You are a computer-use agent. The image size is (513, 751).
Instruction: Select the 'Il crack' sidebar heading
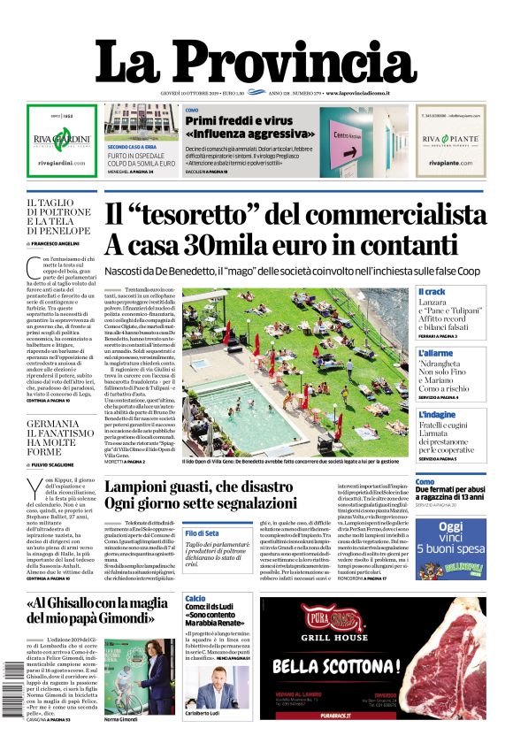pyautogui.click(x=433, y=292)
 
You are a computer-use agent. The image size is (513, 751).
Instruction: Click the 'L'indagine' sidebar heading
pyautogui.click(x=437, y=414)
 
